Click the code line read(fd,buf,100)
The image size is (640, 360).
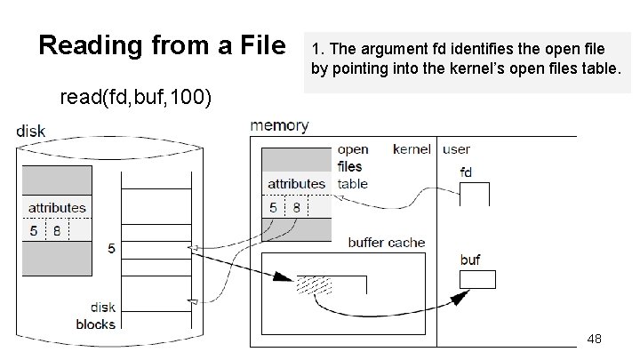point(135,96)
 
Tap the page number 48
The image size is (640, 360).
point(595,339)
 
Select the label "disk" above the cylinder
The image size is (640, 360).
point(32,132)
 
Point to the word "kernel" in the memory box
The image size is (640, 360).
point(412,149)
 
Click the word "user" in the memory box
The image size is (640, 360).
point(457,149)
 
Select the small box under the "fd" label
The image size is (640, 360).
point(476,194)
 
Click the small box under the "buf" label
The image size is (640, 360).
point(477,280)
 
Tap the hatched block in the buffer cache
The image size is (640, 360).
point(315,284)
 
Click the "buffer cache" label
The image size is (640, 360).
point(387,242)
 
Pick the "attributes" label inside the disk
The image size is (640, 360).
point(58,208)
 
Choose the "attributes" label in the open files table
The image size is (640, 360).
point(296,184)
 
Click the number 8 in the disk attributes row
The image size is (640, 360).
point(57,228)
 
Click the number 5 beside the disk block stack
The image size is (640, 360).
point(111,249)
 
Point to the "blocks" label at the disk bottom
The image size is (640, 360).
point(95,324)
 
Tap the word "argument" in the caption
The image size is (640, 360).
point(386,47)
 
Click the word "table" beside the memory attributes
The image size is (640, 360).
point(353,184)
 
